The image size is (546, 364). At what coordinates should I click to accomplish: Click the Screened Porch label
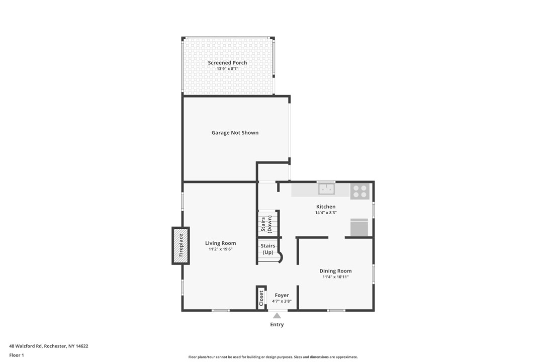pos(227,63)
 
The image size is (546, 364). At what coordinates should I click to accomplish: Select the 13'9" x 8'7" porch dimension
pos(227,69)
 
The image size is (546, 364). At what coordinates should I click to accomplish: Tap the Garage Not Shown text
pos(235,133)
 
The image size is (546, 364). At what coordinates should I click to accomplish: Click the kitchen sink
pos(326,189)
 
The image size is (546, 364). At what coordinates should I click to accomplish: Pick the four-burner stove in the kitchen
pos(359,192)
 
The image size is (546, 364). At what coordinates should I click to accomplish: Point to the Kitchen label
pos(326,207)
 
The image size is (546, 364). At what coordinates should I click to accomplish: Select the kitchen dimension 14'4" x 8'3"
pos(326,213)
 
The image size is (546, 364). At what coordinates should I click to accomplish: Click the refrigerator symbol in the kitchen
pos(359,228)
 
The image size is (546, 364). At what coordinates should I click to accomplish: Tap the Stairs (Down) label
pos(266,224)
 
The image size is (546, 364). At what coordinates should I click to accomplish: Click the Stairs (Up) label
pos(268,249)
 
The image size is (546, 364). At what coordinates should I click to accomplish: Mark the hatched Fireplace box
pos(180,245)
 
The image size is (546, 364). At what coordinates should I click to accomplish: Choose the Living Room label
pos(220,243)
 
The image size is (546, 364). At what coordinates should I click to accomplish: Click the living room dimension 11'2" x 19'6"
pos(220,249)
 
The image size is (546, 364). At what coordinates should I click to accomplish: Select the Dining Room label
pos(335,271)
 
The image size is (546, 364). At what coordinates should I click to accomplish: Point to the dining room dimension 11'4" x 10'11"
pos(335,277)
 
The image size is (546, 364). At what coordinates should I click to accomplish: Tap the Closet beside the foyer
pos(261,298)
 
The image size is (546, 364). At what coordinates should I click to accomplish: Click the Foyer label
pos(282,296)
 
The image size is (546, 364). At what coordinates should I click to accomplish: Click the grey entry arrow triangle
pos(277,316)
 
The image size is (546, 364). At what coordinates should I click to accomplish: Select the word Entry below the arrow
pos(277,325)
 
